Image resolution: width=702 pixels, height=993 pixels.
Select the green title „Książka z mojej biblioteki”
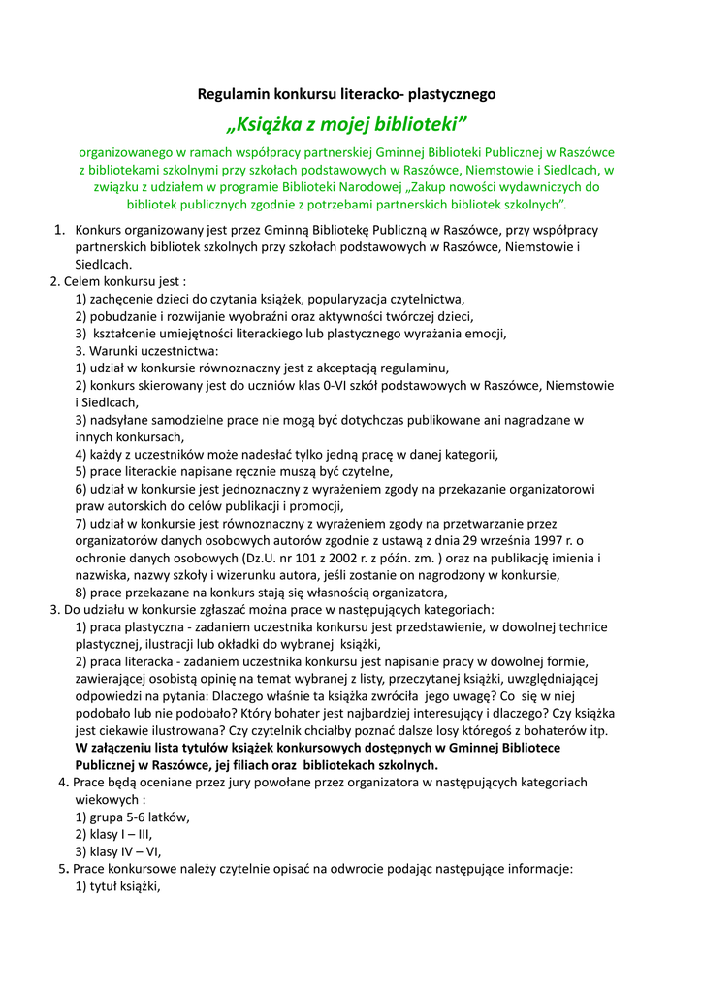point(346,124)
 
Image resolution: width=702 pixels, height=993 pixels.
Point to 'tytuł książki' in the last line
point(124,886)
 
